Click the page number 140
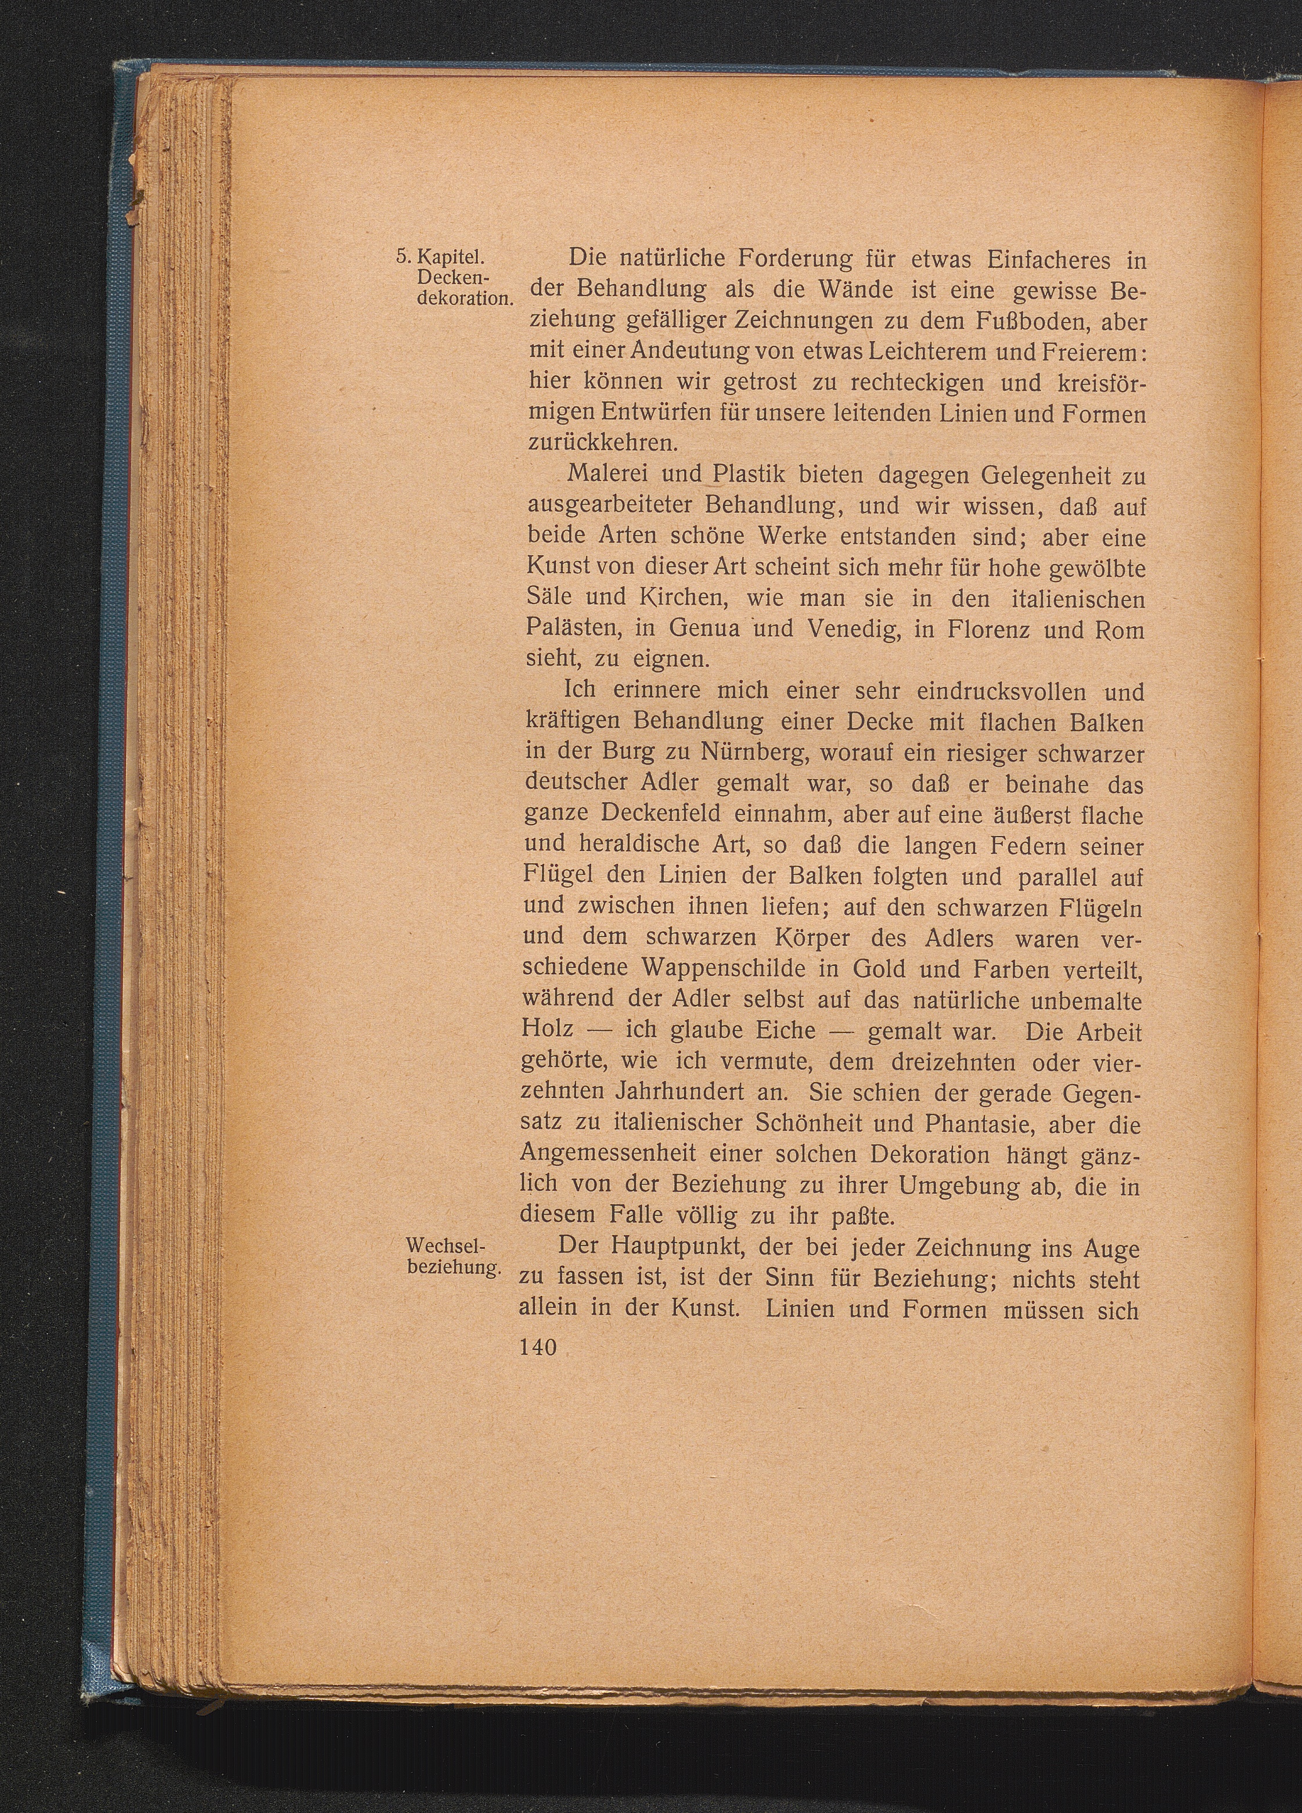click(x=537, y=1346)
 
